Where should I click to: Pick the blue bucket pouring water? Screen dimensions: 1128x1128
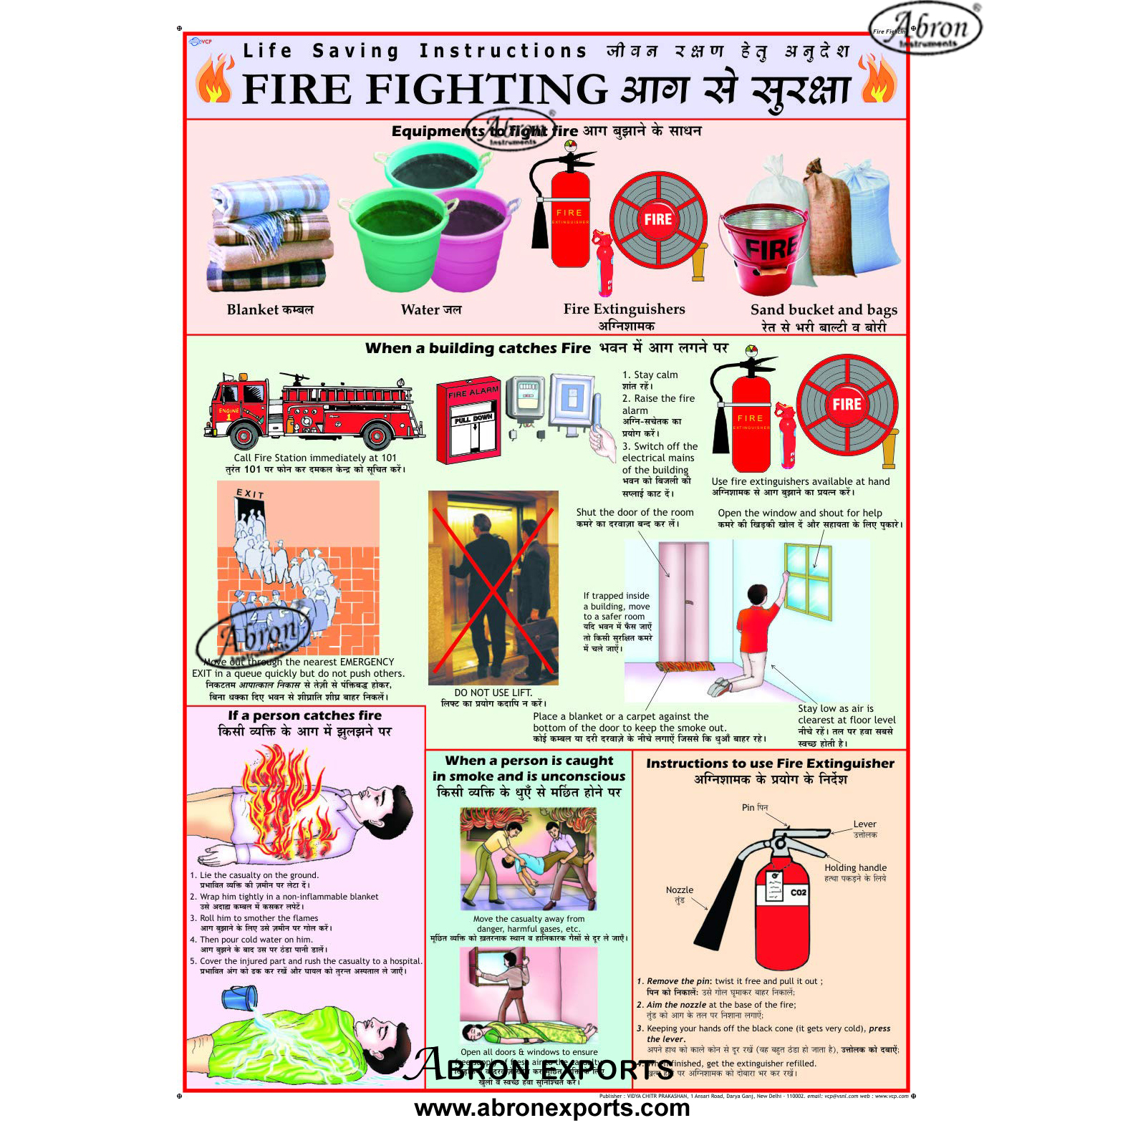(239, 998)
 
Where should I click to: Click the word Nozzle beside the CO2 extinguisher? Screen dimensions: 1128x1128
(679, 890)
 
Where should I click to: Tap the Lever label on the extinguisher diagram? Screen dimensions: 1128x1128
(864, 824)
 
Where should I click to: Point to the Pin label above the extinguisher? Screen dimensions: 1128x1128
(748, 807)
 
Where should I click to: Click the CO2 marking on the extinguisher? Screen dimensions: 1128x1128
(798, 892)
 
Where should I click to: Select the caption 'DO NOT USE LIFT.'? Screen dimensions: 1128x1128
(493, 693)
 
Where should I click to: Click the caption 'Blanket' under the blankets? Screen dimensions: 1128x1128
(252, 310)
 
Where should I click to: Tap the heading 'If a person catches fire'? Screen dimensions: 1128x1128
(304, 715)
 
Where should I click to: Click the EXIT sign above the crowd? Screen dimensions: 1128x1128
(250, 493)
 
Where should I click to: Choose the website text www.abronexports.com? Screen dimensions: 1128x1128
(551, 1108)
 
